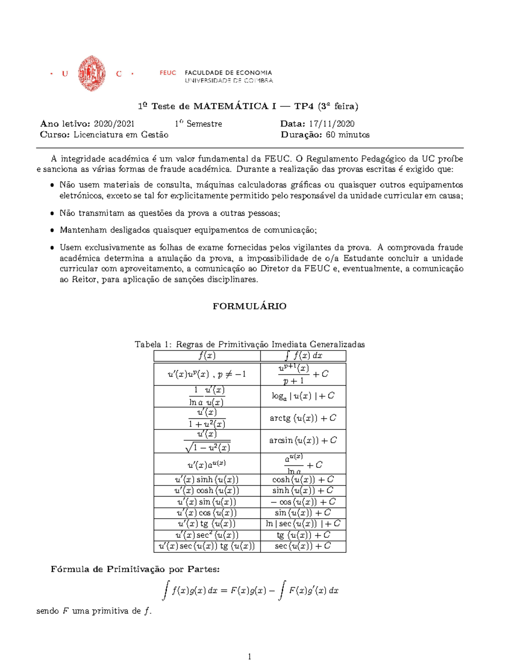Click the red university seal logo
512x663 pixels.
92,73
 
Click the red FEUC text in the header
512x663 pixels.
168,73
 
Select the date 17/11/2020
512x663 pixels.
332,124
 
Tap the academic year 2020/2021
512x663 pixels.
114,124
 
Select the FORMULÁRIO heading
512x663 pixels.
250,306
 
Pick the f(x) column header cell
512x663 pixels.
207,356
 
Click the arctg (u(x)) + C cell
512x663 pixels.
303,418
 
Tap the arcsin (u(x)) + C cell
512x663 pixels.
303,440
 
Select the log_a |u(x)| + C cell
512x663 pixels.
303,396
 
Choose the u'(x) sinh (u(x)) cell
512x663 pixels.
207,479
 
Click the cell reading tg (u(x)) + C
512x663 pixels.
303,535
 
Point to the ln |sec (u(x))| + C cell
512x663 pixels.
303,524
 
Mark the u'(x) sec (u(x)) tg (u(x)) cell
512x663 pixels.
207,546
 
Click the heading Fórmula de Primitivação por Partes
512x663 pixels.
135,569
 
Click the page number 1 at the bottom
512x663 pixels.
250,657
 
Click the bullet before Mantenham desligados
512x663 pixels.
52,231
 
